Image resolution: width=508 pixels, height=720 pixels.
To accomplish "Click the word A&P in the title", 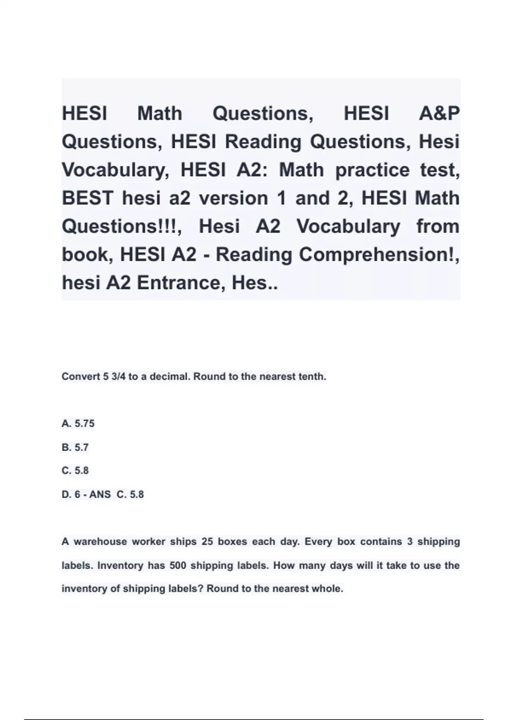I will (x=439, y=114).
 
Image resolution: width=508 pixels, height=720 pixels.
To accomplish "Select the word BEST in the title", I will (x=87, y=198).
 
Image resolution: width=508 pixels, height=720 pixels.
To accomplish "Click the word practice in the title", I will (x=372, y=170).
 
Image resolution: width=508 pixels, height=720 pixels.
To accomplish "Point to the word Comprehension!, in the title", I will (x=379, y=255).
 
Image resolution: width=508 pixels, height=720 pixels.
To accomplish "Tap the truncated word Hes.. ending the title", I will (x=255, y=283).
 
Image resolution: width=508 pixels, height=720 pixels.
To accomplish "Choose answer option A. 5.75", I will (x=78, y=424).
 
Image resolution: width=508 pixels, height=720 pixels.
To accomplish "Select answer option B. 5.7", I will (x=75, y=447).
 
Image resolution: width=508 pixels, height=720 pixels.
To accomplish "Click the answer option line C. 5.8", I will (x=75, y=471).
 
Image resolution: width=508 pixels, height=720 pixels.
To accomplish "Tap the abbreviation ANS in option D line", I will (x=100, y=494).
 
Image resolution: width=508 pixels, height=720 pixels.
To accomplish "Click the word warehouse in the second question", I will (x=100, y=542).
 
